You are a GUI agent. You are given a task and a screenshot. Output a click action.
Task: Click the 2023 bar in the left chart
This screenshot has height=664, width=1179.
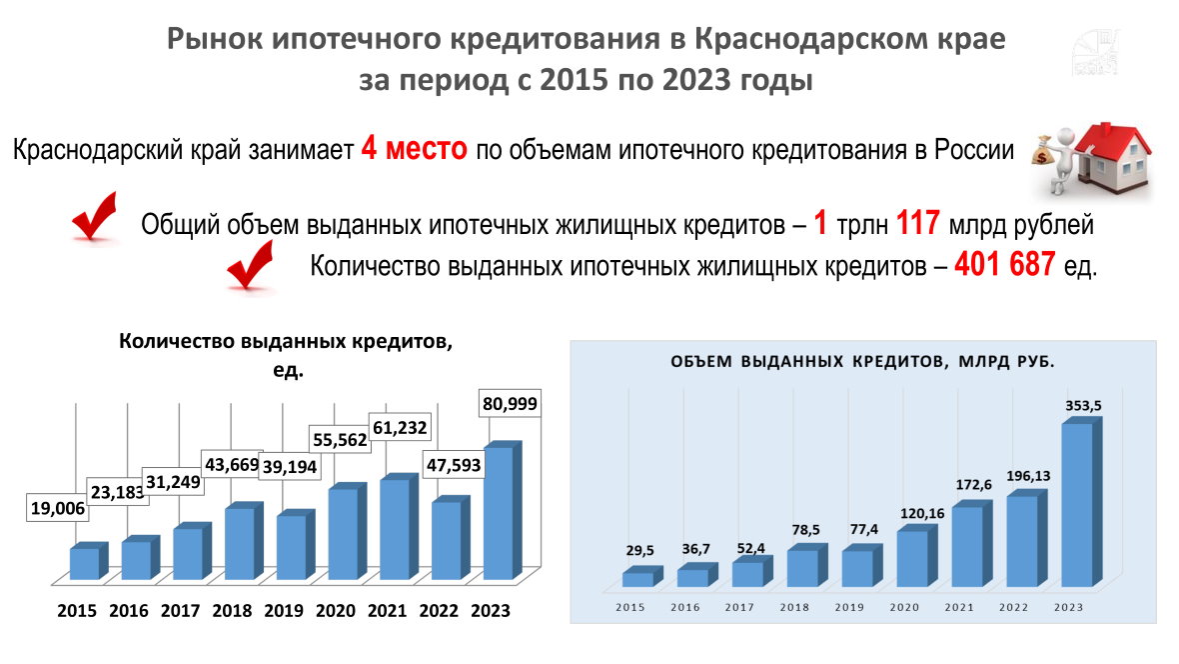tap(500, 512)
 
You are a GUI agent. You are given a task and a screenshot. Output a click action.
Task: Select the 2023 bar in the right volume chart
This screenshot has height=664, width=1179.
tap(1077, 504)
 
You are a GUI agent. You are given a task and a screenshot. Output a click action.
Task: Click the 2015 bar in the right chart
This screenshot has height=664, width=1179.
tap(637, 578)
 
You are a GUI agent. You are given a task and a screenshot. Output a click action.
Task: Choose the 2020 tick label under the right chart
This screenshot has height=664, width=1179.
tap(904, 607)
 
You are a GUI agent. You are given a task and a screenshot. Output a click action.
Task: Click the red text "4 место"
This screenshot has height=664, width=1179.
tap(415, 150)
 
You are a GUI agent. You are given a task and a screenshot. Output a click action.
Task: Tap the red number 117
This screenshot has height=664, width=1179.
tap(918, 223)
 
